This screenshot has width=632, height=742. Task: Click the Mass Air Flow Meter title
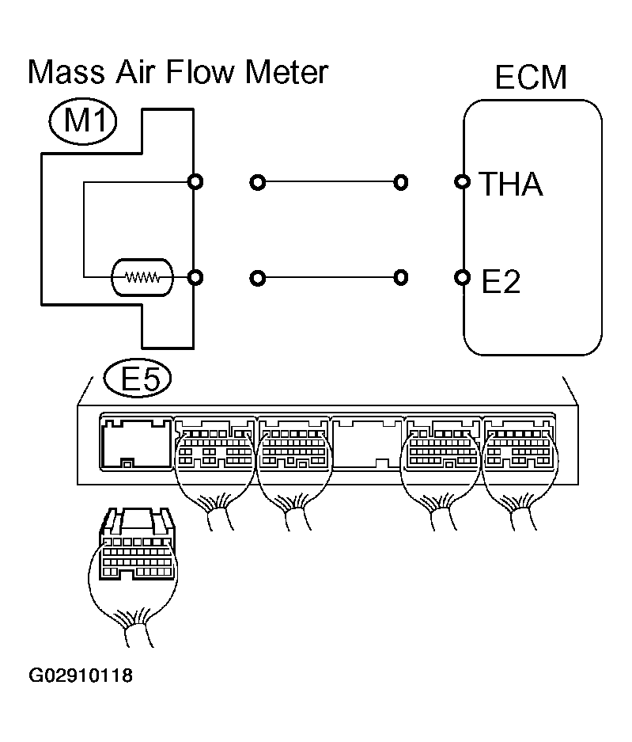point(177,73)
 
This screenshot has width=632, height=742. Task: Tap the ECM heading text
point(532,78)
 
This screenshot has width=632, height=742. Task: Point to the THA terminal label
point(512,185)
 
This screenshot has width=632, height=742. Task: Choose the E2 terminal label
point(501,281)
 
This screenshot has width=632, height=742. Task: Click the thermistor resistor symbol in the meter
point(142,277)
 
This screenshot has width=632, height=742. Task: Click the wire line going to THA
point(328,183)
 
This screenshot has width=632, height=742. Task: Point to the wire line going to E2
point(328,278)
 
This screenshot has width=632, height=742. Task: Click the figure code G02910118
point(81,676)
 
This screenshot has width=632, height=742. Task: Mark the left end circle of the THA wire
point(256,183)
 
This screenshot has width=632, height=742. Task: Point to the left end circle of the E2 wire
point(256,278)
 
